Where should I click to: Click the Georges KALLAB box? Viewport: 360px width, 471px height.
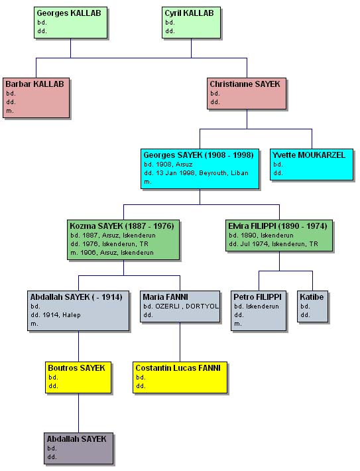70,23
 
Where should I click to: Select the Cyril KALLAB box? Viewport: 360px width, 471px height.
191,23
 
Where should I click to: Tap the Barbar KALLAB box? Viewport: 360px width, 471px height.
36,98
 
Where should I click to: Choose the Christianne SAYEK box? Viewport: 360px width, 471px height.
247,94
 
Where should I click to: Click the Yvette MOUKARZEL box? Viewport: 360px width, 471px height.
312,165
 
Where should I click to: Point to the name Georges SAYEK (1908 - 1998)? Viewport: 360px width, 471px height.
198,155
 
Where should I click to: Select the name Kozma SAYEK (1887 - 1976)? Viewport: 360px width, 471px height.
122,226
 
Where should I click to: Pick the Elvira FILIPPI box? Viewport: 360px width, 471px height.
279,235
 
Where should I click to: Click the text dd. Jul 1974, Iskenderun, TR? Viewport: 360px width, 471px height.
273,244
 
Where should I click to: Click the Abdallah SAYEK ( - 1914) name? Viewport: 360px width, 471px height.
76,297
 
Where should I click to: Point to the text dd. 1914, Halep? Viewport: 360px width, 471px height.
56,315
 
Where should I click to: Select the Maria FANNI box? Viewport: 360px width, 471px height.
180,306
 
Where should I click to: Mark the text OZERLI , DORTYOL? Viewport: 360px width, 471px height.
187,306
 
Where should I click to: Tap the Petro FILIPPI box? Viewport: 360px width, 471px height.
259,310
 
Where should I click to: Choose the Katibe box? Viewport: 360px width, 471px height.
312,306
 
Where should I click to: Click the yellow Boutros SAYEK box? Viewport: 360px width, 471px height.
78,377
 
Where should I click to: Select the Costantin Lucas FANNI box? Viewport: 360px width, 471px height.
180,377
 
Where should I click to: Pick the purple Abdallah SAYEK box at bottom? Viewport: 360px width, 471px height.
79,448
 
